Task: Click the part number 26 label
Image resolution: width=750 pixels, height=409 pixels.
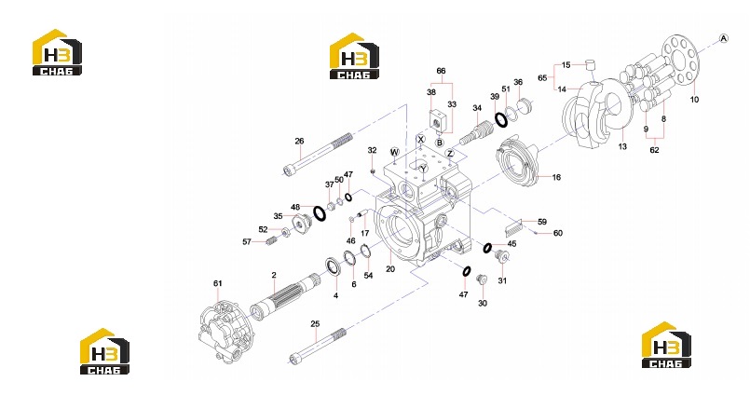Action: pos(299,141)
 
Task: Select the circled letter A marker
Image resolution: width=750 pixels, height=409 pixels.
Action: pos(724,39)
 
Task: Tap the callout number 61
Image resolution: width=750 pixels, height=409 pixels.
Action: pos(218,283)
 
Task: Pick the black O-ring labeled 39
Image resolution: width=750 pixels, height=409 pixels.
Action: pos(501,120)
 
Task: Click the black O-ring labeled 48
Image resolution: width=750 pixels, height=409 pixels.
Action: pos(320,213)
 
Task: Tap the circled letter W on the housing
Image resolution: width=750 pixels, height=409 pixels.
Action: pos(395,153)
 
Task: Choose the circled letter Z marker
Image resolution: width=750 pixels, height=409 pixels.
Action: pos(450,154)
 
